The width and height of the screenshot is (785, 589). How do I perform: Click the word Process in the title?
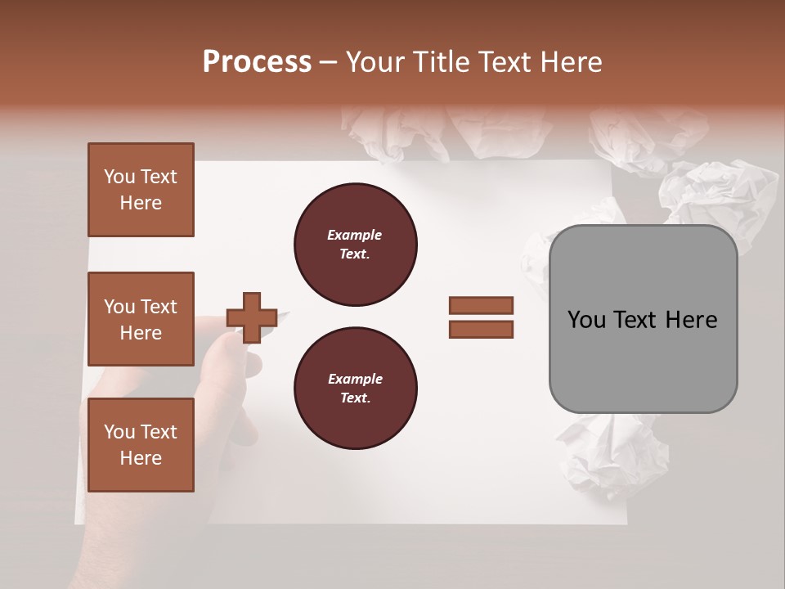coord(257,62)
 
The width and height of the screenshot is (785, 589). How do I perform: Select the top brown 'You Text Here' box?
coord(141,190)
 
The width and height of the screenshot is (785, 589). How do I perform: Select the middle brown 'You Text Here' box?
coord(141,319)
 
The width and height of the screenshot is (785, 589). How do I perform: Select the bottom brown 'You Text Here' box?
coord(141,444)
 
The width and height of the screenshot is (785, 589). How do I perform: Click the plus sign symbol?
coord(251,317)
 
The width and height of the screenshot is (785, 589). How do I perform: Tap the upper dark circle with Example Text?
coord(355,245)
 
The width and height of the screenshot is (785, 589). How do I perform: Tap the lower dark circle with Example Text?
coord(355,389)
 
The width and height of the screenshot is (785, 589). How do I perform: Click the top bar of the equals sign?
coord(481,305)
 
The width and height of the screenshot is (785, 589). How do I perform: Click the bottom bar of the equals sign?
coord(481,330)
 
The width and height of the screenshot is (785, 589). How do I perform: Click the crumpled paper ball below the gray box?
coord(609,454)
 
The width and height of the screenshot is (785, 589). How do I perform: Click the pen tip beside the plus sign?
coord(285,312)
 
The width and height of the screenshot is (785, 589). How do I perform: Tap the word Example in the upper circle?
coord(355,235)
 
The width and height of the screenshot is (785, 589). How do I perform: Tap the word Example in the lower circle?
coord(355,379)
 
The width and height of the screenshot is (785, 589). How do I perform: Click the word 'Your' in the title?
coord(378,62)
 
